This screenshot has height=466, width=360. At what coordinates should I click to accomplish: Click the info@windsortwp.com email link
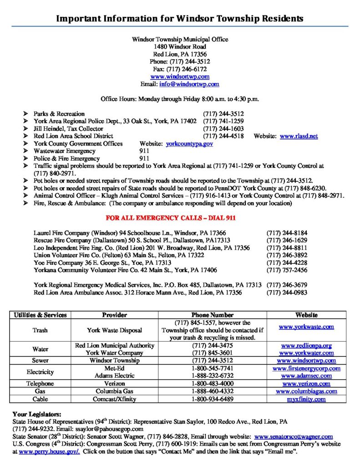[x=189, y=84]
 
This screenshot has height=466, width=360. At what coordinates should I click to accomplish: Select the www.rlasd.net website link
[x=299, y=136]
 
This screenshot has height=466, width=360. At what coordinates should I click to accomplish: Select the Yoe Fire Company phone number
[x=287, y=263]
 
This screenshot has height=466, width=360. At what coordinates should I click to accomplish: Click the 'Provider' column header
[x=114, y=315]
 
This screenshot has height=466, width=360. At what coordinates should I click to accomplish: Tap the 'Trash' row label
[x=40, y=330]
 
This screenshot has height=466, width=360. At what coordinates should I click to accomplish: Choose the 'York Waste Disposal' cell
[x=114, y=330]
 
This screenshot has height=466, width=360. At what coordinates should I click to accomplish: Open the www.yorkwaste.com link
[x=306, y=327]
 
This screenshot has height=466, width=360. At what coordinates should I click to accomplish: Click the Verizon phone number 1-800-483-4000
[x=213, y=384]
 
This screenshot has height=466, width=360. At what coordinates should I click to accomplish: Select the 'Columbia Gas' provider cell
[x=114, y=391]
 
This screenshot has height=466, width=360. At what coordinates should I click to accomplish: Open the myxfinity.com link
[x=306, y=399]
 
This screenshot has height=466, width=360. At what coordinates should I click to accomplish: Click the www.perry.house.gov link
[x=49, y=451]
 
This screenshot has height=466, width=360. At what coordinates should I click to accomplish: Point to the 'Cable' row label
[x=40, y=399]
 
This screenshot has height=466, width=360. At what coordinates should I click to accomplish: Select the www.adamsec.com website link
[x=306, y=376]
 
